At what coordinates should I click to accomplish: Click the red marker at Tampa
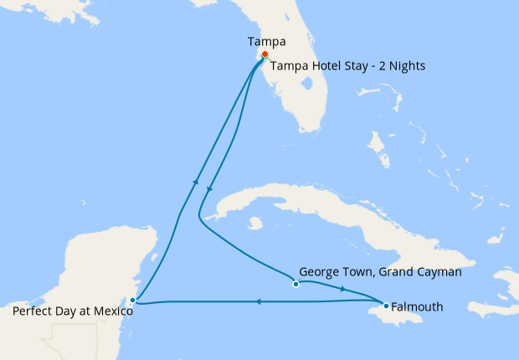tap(265, 55)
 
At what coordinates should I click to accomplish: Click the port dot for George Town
tap(295, 284)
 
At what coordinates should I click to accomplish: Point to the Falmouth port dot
tap(386, 306)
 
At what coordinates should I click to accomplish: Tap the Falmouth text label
tap(417, 306)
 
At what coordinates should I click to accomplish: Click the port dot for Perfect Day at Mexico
tap(133, 300)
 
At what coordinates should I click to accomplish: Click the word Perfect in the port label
tap(33, 311)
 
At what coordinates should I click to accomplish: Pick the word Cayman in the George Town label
tap(439, 272)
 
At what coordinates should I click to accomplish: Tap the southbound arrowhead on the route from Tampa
tap(209, 189)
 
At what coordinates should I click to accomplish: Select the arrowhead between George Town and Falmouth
tap(343, 289)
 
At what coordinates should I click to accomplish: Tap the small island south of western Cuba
tap(255, 224)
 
